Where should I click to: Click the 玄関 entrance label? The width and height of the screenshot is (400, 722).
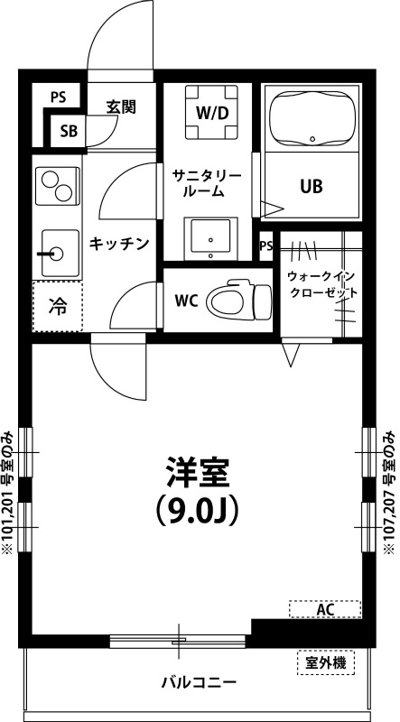tap(121, 106)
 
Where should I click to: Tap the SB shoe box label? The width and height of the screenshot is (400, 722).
tap(69, 131)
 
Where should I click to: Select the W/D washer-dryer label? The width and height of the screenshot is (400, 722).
tap(210, 113)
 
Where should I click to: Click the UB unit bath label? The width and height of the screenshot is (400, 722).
tap(312, 186)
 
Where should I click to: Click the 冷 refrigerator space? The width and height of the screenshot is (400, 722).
tap(57, 307)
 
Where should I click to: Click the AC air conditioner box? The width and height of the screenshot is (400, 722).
tap(325, 610)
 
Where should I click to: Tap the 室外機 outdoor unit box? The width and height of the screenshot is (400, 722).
tap(325, 663)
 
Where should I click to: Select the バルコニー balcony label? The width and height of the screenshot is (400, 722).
tap(200, 682)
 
